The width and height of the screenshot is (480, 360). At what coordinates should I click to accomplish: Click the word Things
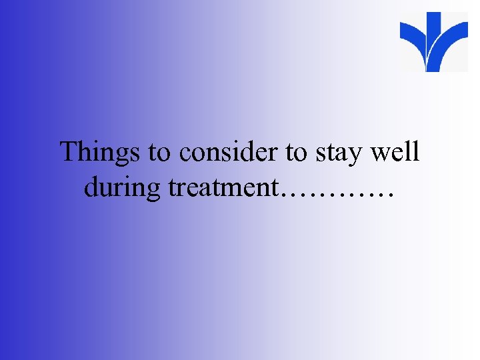(100, 152)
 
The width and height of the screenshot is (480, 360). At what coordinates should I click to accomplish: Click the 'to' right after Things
(159, 153)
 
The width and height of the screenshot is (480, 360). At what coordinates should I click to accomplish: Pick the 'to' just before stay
(295, 153)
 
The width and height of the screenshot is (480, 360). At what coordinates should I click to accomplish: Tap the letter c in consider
(185, 155)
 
